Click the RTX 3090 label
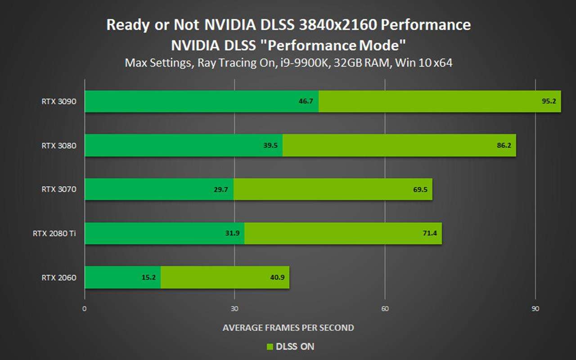tap(59, 101)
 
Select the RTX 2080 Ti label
tap(54, 234)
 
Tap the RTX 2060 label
tap(59, 278)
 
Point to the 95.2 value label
tap(549, 101)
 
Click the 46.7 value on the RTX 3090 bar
tap(306, 101)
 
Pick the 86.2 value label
tap(504, 145)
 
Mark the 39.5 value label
tap(270, 145)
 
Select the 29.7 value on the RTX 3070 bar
tap(220, 189)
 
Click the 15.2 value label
tap(148, 278)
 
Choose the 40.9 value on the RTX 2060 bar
tap(277, 278)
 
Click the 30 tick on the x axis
tap(234, 309)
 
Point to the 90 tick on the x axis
tap(535, 309)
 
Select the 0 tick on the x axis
tap(84, 309)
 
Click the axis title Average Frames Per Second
tap(288, 328)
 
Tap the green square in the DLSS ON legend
tap(270, 346)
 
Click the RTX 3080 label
tap(59, 145)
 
